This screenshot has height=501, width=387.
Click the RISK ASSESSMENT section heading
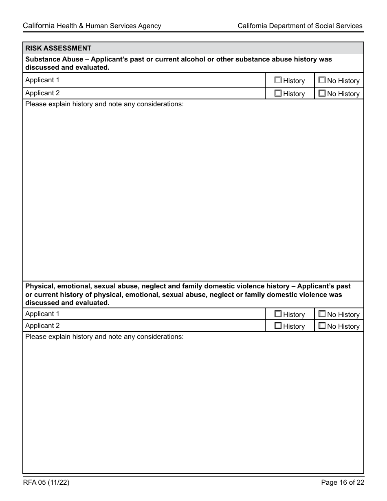click(58, 48)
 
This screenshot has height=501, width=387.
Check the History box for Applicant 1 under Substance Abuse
click(278, 80)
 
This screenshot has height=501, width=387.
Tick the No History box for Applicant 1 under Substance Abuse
click(322, 80)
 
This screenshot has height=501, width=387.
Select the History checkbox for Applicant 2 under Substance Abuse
click(278, 93)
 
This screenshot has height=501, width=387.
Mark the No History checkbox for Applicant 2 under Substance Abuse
click(322, 93)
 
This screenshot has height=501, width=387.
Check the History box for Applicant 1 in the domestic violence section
click(278, 314)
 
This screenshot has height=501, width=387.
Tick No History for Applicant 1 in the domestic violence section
click(322, 314)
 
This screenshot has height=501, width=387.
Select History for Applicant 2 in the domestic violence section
click(278, 326)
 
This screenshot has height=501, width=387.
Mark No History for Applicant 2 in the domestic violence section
click(322, 326)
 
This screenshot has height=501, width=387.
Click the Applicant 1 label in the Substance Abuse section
click(42, 80)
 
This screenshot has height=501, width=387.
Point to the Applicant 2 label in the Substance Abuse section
click(42, 93)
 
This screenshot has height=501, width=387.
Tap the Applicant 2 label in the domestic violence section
click(42, 326)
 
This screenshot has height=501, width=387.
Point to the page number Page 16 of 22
click(342, 483)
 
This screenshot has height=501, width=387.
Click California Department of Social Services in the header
click(300, 26)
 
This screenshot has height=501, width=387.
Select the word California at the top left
click(39, 26)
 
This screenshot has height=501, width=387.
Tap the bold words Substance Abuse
click(54, 59)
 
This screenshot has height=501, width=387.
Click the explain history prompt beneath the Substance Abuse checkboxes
click(104, 104)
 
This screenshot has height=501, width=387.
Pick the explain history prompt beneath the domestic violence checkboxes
click(104, 337)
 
